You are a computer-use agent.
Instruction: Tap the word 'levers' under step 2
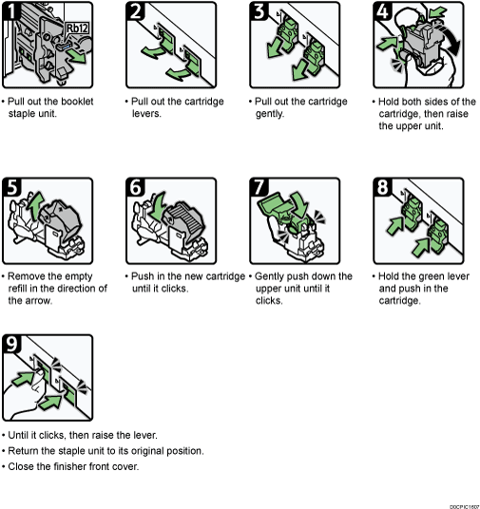pyautogui.click(x=146, y=112)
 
